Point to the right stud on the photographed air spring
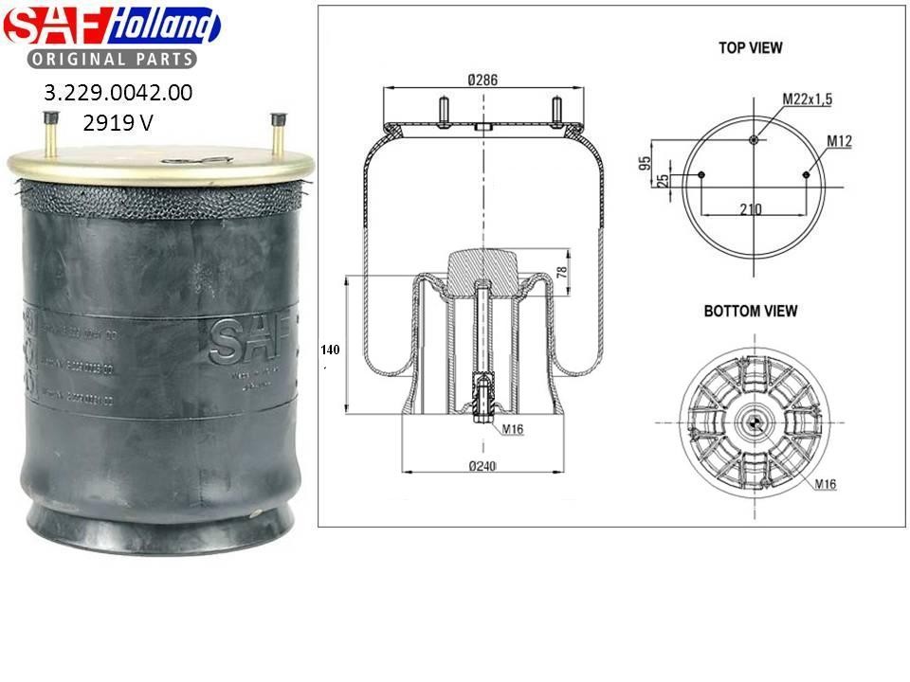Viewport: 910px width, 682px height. click(277, 137)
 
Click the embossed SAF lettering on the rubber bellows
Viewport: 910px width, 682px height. click(243, 341)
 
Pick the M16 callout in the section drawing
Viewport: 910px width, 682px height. click(513, 429)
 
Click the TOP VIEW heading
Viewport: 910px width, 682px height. click(751, 47)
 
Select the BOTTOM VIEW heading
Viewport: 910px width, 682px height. click(751, 311)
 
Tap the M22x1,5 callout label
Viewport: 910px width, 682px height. click(805, 99)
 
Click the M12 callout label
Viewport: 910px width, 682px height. click(840, 141)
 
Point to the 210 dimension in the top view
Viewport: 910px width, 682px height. click(751, 209)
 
